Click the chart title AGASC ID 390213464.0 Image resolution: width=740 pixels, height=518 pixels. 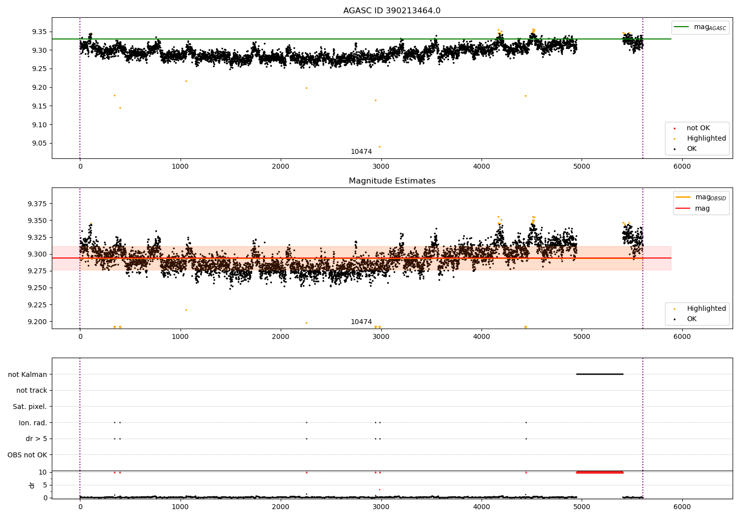tap(392, 10)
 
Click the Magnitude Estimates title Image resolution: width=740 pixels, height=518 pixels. tap(392, 181)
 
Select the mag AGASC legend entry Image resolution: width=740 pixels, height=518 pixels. tap(701, 27)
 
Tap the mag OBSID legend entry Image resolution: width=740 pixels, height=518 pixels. tap(701, 197)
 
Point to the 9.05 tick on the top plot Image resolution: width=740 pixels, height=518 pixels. tap(39, 144)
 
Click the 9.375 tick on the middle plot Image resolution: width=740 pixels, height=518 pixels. tap(37, 204)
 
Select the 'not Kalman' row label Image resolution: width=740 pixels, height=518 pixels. tap(28, 374)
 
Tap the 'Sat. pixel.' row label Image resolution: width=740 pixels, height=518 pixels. tap(30, 407)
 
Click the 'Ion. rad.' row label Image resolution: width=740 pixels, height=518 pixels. tap(33, 422)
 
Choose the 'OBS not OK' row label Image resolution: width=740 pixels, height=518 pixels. tap(28, 455)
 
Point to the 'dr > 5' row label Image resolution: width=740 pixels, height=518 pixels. tap(37, 439)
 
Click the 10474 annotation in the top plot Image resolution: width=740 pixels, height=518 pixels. tap(361, 151)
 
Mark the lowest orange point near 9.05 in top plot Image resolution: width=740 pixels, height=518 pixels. tap(379, 147)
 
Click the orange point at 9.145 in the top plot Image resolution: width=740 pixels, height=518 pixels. tap(120, 108)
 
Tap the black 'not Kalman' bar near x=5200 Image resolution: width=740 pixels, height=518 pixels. tap(599, 374)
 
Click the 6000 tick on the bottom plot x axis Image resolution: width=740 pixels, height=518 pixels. tap(682, 507)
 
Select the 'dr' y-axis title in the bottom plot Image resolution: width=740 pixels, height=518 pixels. tap(32, 485)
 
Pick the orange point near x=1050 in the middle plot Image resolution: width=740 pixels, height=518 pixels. tap(186, 310)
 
